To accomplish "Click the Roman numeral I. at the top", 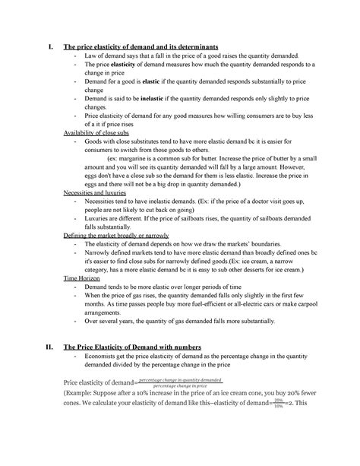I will (x=49, y=50).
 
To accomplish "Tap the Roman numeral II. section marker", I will (x=49, y=348).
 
